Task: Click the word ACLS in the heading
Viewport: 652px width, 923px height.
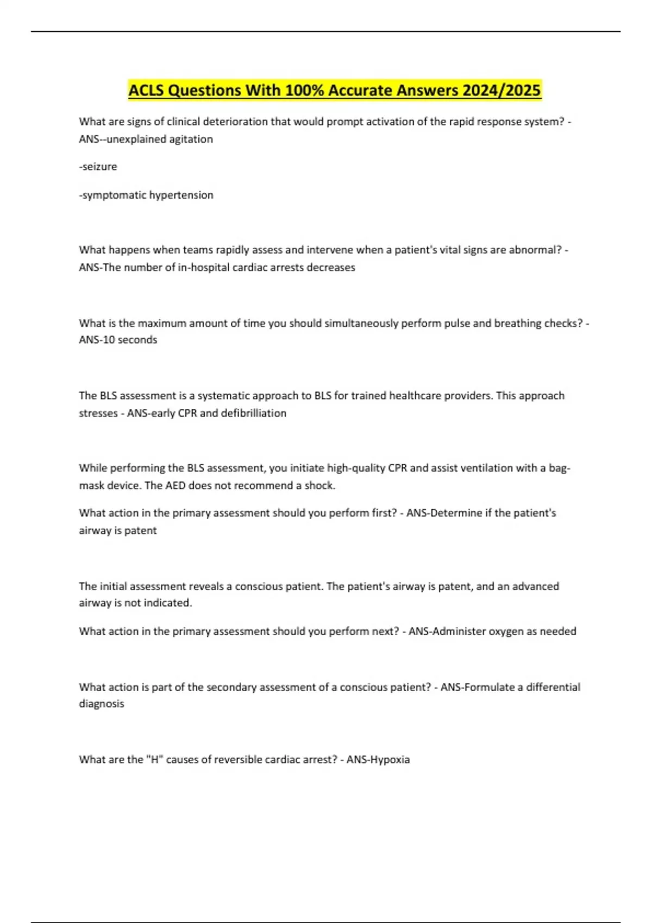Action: [147, 90]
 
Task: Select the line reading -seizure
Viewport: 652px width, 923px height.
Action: [98, 167]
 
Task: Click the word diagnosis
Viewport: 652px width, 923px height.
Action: [102, 704]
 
